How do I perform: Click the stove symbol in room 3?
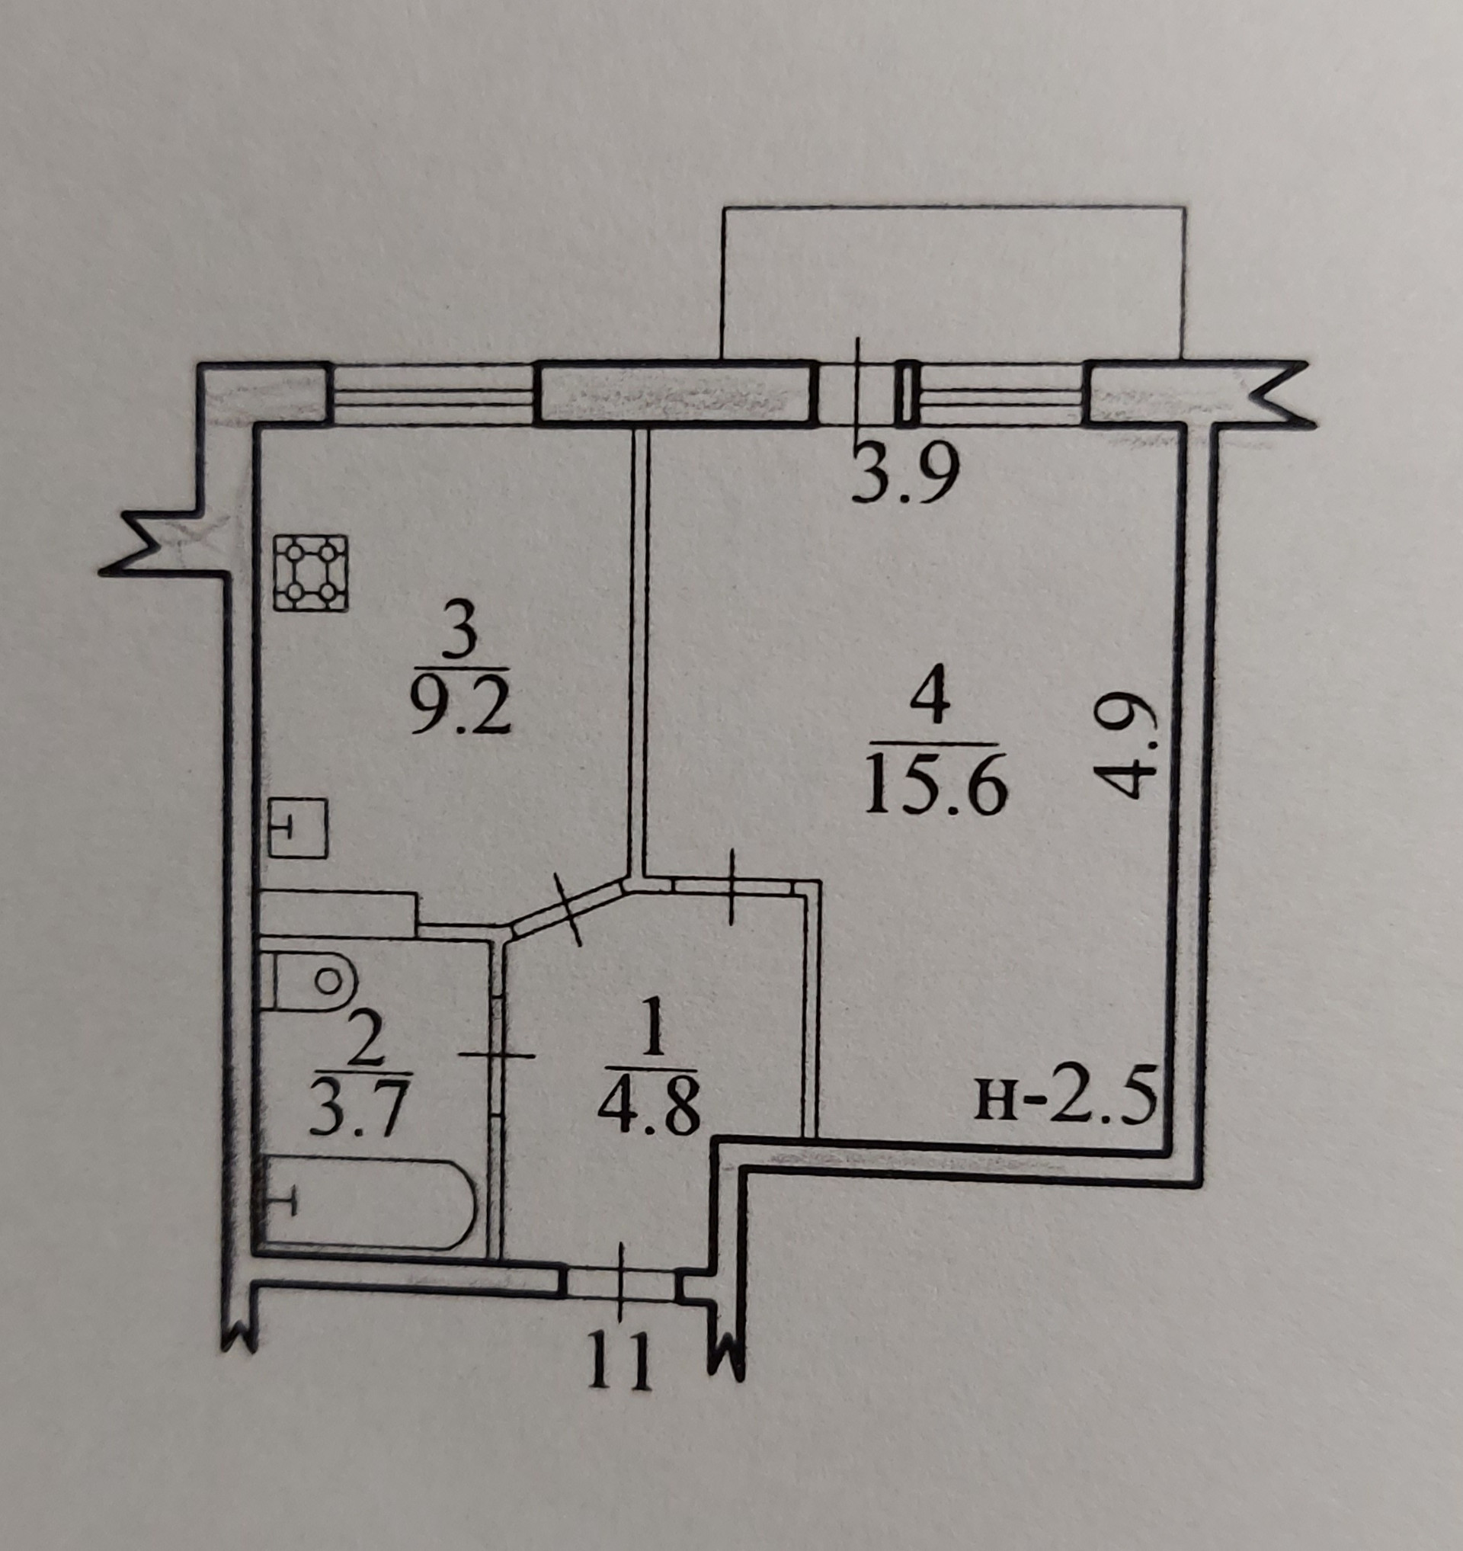click(310, 572)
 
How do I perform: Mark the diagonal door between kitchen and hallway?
click(569, 909)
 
